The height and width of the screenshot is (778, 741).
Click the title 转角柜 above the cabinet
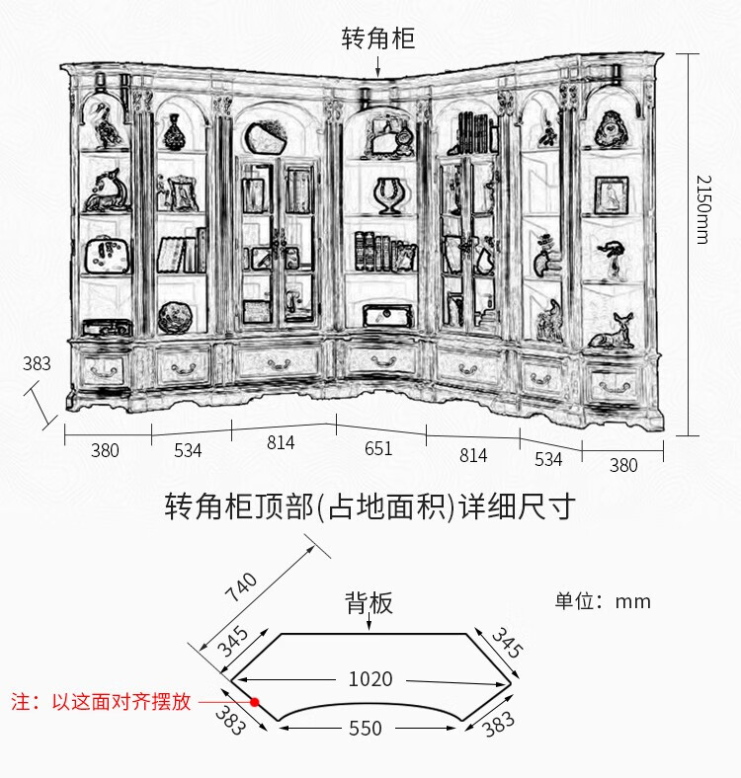point(378,39)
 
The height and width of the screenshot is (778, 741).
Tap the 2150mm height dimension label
point(701,210)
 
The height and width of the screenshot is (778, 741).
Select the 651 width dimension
point(378,449)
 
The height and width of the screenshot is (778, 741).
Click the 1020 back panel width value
point(370,679)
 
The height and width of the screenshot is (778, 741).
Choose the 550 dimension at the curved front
point(366,729)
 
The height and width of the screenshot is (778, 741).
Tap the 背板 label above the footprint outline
point(369,602)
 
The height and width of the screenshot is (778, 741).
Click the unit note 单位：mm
point(603,601)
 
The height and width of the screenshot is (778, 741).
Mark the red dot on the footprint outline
point(254,702)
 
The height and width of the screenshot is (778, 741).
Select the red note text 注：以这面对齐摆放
point(99,703)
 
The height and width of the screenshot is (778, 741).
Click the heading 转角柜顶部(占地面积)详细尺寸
point(370,507)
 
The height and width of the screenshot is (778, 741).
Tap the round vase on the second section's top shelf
point(176,131)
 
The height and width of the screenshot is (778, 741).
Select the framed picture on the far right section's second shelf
point(612,194)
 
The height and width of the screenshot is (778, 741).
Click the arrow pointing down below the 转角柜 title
point(378,65)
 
